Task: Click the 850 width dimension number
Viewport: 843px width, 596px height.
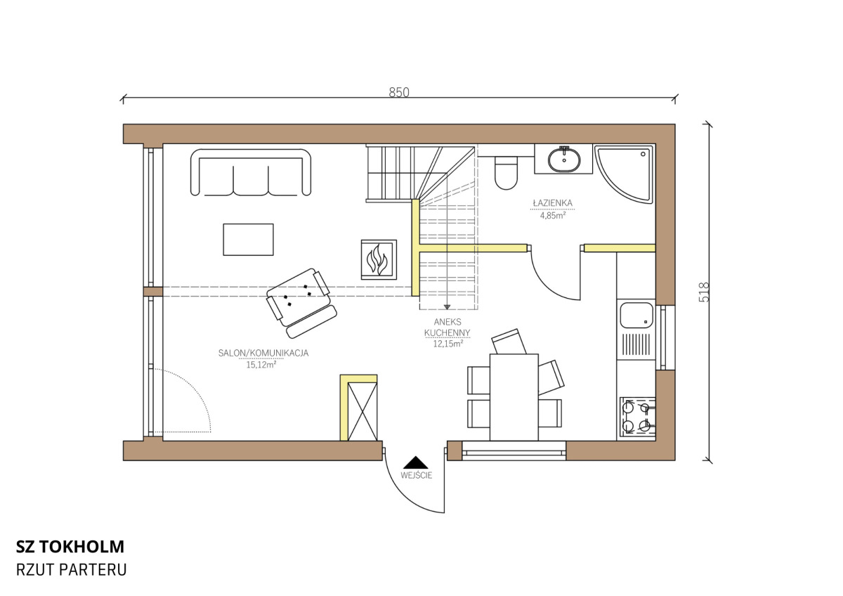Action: (399, 92)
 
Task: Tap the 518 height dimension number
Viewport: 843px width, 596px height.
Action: (704, 292)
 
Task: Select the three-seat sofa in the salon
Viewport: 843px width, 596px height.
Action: (251, 172)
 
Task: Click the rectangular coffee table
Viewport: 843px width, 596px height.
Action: (249, 240)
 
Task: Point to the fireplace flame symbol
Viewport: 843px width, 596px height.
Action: (378, 259)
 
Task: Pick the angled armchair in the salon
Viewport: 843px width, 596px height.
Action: (301, 303)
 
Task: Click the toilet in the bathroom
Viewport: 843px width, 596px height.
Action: (507, 173)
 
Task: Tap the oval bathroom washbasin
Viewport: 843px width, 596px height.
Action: (563, 160)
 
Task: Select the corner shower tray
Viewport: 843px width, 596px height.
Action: (624, 174)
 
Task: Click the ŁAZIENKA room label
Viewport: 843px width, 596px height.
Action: (552, 203)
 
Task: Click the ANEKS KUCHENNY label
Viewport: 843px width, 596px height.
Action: (447, 328)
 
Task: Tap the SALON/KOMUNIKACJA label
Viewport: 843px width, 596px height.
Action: (263, 353)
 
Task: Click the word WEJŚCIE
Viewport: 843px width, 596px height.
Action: (416, 475)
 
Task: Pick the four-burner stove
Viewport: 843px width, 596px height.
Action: (636, 418)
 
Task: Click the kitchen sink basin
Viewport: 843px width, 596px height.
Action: (636, 315)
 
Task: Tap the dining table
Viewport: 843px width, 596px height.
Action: (514, 397)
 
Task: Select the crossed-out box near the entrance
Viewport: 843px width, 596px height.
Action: (362, 411)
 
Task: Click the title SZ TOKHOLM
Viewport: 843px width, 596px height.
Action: (70, 546)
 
